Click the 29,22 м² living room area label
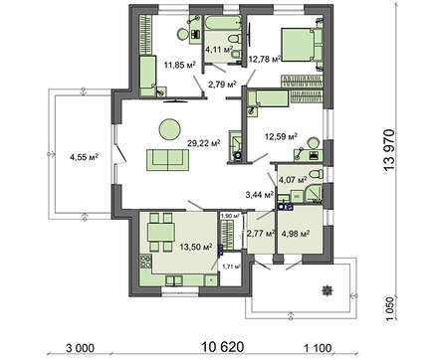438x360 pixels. click(x=204, y=143)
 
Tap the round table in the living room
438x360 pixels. click(x=169, y=129)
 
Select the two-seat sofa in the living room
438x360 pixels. click(x=168, y=160)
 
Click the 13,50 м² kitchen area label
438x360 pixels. click(x=196, y=247)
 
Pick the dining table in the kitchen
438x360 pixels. click(x=161, y=232)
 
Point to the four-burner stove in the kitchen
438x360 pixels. click(x=145, y=262)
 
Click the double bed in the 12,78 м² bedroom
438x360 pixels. click(x=302, y=45)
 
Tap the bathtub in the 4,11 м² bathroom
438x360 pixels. click(x=223, y=23)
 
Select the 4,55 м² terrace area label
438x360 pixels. click(x=85, y=157)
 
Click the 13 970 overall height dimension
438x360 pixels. click(x=389, y=150)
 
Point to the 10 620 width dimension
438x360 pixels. click(x=223, y=347)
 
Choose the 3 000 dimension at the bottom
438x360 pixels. click(x=80, y=348)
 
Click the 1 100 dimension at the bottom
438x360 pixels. click(x=318, y=348)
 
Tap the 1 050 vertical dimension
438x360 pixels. click(x=391, y=309)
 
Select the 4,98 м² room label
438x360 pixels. click(x=296, y=233)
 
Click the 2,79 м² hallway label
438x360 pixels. click(x=222, y=85)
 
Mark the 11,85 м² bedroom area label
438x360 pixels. click(x=179, y=65)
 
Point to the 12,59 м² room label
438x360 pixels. click(x=281, y=136)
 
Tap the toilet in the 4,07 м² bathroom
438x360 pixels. click(x=316, y=174)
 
